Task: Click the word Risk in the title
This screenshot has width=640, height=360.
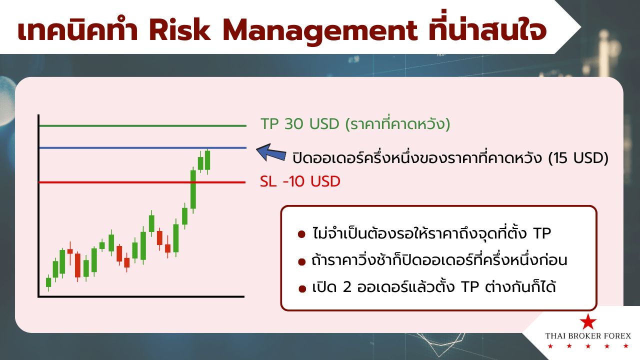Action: click(179, 30)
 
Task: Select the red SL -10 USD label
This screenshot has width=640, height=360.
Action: click(300, 181)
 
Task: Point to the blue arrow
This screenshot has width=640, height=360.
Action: click(271, 152)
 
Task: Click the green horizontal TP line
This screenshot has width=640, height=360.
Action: click(142, 125)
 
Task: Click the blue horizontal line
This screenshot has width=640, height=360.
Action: click(142, 148)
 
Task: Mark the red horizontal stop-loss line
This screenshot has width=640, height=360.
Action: click(142, 182)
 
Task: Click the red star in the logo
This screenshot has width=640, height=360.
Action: click(587, 321)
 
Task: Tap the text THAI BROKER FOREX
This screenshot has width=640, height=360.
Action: click(588, 335)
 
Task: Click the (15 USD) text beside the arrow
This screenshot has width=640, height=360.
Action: click(578, 158)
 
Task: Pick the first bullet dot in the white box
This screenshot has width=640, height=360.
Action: click(301, 235)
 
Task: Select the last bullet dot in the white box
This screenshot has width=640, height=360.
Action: click(302, 289)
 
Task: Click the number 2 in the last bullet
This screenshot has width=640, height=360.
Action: click(347, 287)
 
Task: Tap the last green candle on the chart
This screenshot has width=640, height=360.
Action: click(207, 160)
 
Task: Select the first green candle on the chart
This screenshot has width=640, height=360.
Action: click(48, 282)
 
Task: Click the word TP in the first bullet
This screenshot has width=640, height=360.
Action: click(542, 233)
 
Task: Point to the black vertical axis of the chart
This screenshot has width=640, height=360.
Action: click(38, 205)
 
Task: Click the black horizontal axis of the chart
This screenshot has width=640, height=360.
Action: click(141, 297)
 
